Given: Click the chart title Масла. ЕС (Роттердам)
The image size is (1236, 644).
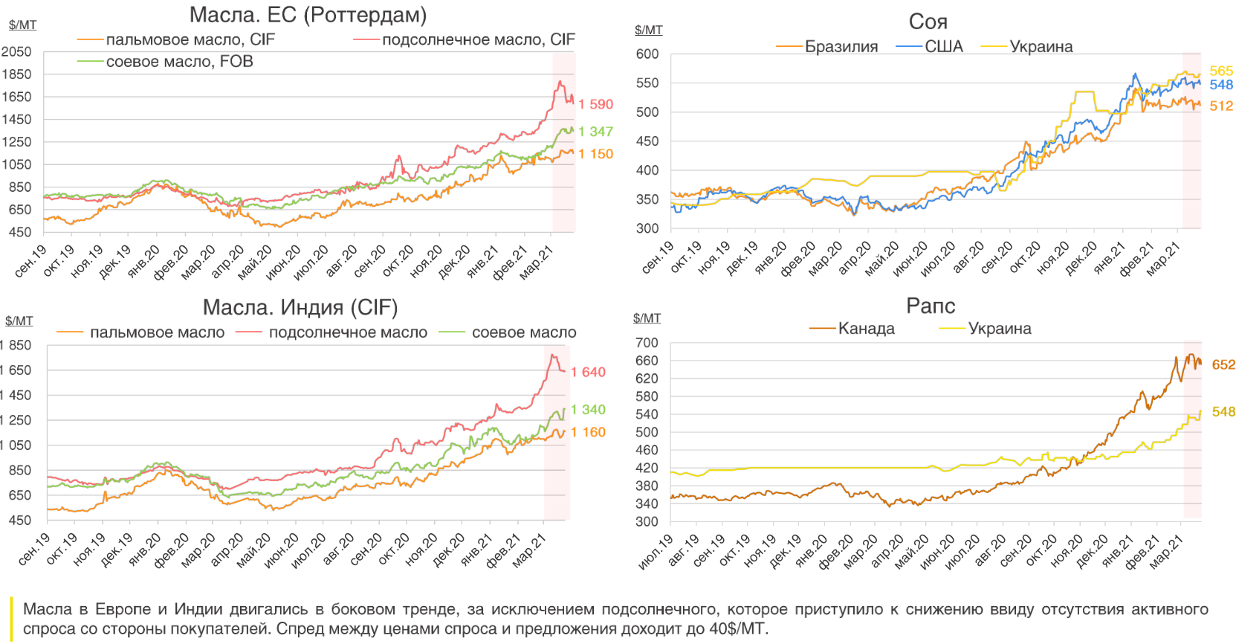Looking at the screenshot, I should [308, 15].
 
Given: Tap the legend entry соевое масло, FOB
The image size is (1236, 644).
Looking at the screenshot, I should [179, 62].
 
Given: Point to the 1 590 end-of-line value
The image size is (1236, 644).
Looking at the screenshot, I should [595, 104].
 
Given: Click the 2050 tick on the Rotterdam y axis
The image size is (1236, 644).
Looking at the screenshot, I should [16, 51].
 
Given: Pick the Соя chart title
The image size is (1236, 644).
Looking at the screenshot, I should [928, 22].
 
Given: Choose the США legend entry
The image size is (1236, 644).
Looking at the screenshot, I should [943, 47].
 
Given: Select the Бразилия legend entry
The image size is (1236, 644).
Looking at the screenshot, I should [841, 47].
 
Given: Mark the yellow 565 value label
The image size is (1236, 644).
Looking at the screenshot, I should [1221, 71].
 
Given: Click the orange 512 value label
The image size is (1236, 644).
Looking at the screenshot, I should [1221, 106].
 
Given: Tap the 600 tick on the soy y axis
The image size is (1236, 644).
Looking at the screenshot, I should [647, 54].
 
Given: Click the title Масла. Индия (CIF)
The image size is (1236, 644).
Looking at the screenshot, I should [300, 307].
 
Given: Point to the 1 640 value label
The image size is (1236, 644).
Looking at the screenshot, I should [588, 372].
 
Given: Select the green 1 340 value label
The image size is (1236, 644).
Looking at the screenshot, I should [588, 410].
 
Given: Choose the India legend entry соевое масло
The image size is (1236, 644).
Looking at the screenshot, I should [523, 332].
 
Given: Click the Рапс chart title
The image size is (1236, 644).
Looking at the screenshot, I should [931, 306].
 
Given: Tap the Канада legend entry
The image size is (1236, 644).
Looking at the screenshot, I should [866, 329].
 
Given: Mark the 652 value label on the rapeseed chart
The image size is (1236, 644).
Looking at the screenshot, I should [1223, 364].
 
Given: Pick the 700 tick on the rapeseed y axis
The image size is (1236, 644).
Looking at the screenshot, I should [647, 343].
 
